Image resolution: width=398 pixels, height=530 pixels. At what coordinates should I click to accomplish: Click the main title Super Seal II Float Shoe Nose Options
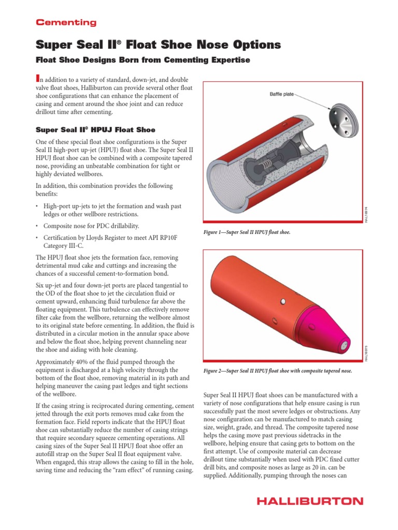(x=158, y=45)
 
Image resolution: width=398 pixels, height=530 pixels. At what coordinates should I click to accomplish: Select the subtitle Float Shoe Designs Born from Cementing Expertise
(x=143, y=61)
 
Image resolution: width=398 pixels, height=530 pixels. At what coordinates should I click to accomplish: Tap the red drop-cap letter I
(x=37, y=78)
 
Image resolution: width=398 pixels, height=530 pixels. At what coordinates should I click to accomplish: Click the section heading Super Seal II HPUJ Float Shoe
(x=95, y=129)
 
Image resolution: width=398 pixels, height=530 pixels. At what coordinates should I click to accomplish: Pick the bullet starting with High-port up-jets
(x=111, y=210)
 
